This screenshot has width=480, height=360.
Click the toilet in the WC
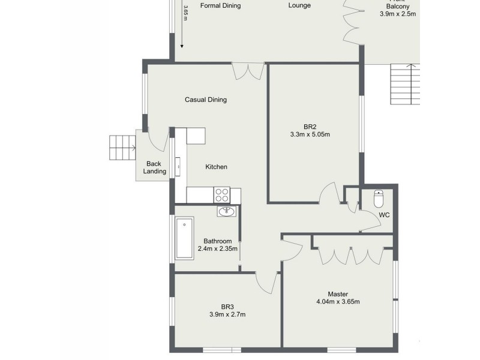(x=378, y=197)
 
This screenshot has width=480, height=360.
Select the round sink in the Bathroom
(x=227, y=211)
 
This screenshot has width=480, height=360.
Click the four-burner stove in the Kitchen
(x=222, y=195)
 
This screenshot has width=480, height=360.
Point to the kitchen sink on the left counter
(x=178, y=164)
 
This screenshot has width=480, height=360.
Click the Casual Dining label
(x=205, y=100)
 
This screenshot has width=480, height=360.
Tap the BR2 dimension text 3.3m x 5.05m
(x=310, y=135)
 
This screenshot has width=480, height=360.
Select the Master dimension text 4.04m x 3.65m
(x=338, y=302)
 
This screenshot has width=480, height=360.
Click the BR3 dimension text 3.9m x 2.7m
(x=227, y=314)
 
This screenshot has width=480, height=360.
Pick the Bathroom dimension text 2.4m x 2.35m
(x=217, y=248)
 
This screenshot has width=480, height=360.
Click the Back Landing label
(x=154, y=167)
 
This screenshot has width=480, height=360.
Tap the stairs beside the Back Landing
(x=122, y=148)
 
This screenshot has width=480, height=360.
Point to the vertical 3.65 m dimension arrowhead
(x=182, y=44)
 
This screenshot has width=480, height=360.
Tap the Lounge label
(x=299, y=6)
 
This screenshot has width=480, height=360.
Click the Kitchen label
(x=216, y=167)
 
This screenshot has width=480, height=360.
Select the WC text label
(x=385, y=214)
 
